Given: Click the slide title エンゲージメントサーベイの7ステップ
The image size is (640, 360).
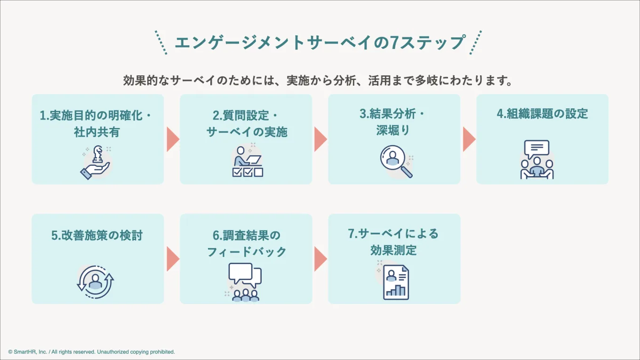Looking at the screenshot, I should click(320, 43).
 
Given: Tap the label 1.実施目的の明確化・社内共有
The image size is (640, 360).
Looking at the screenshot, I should click(97, 124).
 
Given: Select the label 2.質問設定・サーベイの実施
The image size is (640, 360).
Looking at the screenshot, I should click(246, 124).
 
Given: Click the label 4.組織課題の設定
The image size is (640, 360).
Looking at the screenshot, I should click(542, 114).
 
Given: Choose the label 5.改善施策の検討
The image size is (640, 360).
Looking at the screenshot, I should click(97, 235).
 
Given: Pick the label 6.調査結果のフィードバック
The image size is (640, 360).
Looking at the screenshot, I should click(246, 243).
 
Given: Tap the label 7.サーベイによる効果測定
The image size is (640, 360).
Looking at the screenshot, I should click(393, 242).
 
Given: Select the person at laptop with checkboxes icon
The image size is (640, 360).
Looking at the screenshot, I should click(247, 161).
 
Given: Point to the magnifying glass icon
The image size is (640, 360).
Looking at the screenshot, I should click(395, 161).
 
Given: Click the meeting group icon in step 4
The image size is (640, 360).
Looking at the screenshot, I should click(537, 160).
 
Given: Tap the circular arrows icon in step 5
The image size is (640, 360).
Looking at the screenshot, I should click(96, 282).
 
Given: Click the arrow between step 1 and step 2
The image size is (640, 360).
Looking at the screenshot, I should click(172, 139).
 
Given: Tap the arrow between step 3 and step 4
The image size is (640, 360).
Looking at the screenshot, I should click(469, 139).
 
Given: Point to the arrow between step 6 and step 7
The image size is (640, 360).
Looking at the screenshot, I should click(320, 259).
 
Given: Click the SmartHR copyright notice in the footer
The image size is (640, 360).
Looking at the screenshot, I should click(92, 352).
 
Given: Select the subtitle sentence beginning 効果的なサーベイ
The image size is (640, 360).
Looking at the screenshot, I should click(318, 80).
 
